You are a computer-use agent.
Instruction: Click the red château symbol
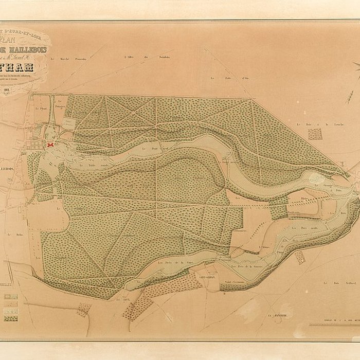point(50,146)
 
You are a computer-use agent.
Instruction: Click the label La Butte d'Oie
point(219,78)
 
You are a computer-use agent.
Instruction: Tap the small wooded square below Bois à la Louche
point(315,134)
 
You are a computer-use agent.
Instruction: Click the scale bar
point(333,325)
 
